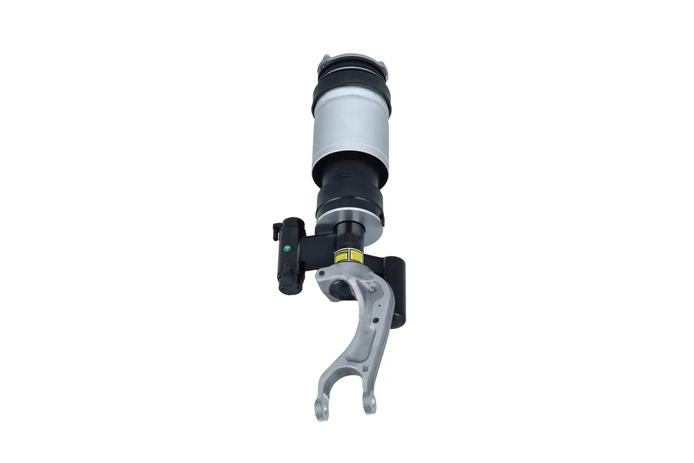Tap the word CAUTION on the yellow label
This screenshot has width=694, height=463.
click(x=341, y=252)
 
